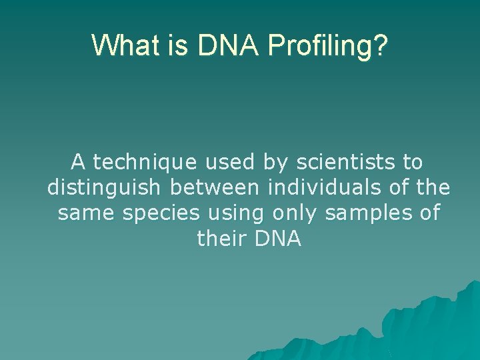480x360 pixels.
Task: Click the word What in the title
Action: [125, 45]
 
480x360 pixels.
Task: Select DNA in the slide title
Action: [229, 45]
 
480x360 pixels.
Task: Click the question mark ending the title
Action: [380, 45]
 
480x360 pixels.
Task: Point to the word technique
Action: [145, 163]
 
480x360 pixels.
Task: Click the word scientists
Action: [345, 162]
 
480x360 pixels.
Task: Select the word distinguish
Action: [104, 187]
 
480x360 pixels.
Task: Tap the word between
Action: [214, 187]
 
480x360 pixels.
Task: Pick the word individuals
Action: [324, 187]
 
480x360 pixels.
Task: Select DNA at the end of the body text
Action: [278, 239]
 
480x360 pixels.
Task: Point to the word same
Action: [86, 213]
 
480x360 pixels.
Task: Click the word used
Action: [229, 162]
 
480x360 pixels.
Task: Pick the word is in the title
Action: [177, 45]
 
